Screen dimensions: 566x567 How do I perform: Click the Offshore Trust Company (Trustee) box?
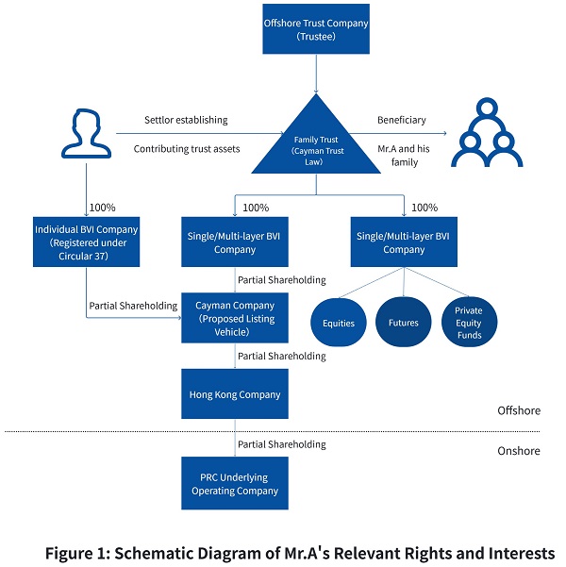[316, 29]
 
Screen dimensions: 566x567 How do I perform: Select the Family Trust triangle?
[316, 144]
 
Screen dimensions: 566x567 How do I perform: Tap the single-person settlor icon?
[86, 133]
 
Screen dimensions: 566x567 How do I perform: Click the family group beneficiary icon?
[487, 132]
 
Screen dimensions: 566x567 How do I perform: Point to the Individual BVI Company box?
[86, 242]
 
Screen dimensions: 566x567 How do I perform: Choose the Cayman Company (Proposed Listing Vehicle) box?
[235, 318]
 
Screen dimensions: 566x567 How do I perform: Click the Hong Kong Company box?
[235, 393]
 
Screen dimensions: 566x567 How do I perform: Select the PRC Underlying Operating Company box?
[235, 483]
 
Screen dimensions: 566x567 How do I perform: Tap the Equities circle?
[338, 323]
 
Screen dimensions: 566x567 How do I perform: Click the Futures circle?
[403, 322]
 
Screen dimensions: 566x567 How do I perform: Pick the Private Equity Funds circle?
[469, 322]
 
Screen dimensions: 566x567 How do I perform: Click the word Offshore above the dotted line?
[519, 410]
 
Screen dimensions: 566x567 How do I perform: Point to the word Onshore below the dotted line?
[519, 451]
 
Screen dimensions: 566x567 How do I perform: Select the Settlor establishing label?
[186, 120]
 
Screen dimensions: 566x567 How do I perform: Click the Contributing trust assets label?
[187, 149]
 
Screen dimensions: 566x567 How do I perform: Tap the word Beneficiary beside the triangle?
[402, 120]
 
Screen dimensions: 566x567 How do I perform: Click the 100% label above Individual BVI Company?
[102, 208]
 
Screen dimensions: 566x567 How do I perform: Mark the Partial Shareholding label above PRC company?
[282, 444]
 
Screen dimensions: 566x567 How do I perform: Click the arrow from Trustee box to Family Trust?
[316, 74]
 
